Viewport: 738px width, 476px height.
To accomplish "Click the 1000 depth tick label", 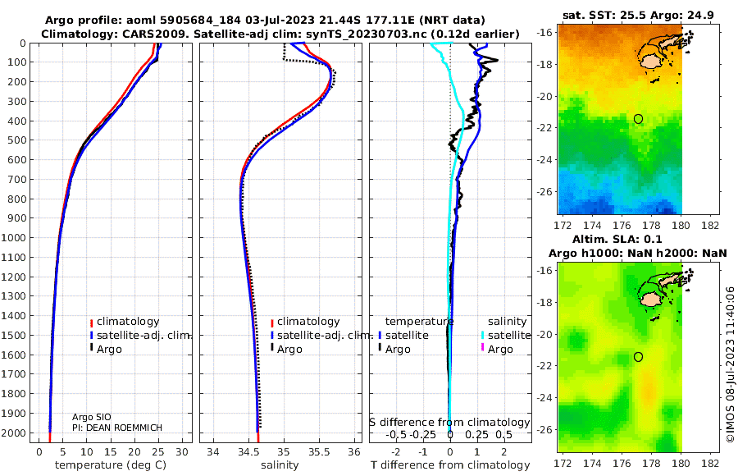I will coord(16,238).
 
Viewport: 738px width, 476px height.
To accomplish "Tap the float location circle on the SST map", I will coord(638,119).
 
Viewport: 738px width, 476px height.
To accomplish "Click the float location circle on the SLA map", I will coord(638,357).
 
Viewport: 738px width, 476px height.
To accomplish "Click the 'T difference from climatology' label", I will coord(450,465).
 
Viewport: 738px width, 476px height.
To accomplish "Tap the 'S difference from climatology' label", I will coord(449,421).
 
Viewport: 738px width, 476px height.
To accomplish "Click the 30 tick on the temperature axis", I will coord(182,451).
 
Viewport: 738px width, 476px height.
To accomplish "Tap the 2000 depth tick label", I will coord(16,433).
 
